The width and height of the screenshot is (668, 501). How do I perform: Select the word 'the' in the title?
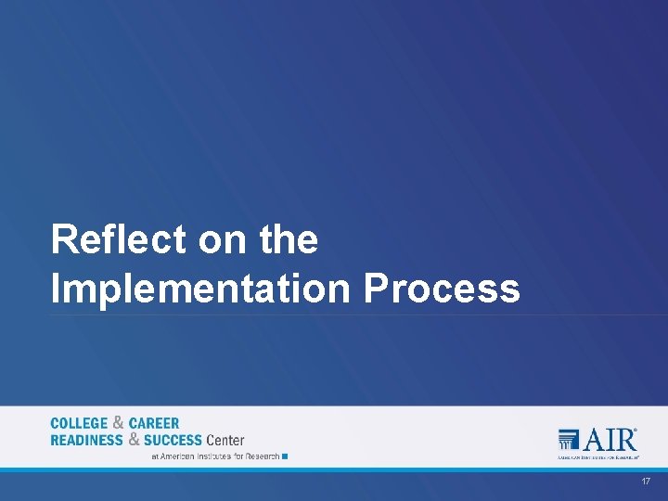point(289,240)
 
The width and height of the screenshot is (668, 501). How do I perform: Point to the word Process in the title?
point(442,289)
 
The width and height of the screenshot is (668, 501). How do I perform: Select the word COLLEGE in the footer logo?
point(79,424)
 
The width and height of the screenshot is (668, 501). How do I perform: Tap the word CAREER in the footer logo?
point(154,424)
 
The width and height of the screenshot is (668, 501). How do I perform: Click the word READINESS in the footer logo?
point(86,440)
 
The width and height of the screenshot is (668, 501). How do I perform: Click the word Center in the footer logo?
point(225,440)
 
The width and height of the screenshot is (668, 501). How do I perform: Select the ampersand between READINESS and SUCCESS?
point(135,440)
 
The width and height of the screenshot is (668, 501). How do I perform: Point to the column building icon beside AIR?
point(569,440)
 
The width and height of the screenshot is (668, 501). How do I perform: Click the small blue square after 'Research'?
point(285,456)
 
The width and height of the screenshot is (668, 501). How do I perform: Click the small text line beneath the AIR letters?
point(598,457)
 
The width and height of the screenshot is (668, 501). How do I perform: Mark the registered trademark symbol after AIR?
point(636,430)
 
